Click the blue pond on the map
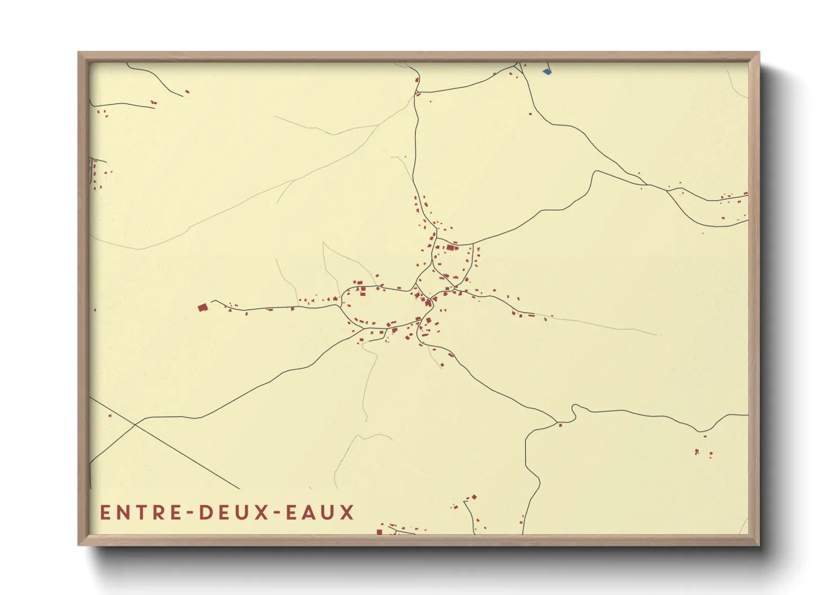pos(547,71)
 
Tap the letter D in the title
pos(205,512)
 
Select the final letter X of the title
pos(347,512)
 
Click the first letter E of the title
pos(105,512)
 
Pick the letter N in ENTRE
pos(122,512)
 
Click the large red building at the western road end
pos(203,307)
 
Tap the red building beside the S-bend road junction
pos(560,425)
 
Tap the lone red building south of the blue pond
pos(530,114)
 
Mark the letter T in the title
pos(139,512)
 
